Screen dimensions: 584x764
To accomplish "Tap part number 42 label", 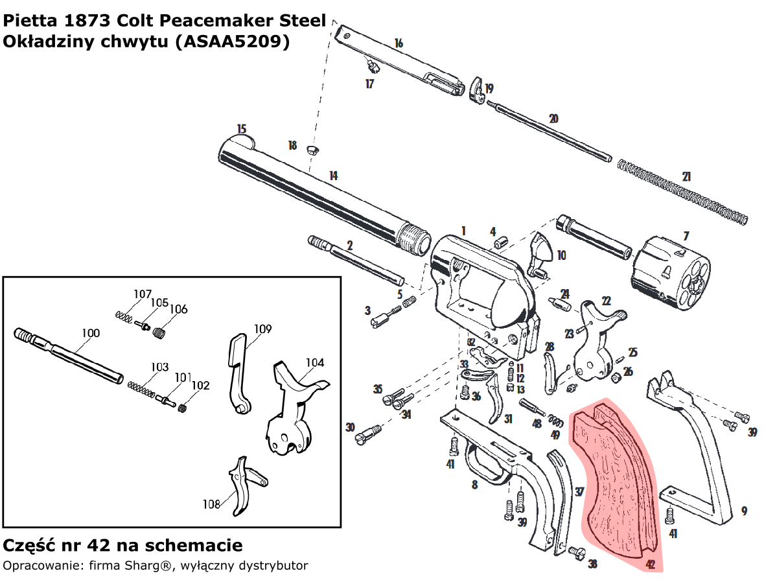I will (651, 565).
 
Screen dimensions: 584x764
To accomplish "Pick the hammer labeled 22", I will (599, 344).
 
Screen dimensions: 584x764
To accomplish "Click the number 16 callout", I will (399, 43).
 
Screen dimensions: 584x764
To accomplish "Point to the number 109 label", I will (262, 329).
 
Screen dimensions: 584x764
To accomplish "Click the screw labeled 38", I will (577, 552).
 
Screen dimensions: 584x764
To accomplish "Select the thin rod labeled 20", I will (551, 130).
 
